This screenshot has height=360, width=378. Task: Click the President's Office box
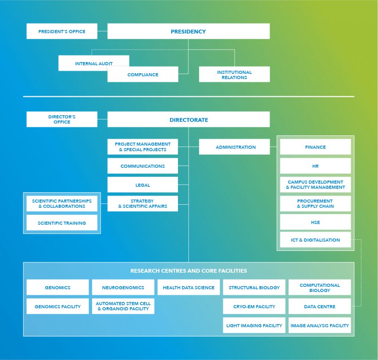click(x=62, y=31)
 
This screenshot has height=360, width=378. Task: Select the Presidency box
click(x=189, y=31)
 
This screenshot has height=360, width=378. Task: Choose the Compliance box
click(x=143, y=74)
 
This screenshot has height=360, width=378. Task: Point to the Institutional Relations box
click(x=234, y=74)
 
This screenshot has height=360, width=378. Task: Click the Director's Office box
click(x=62, y=119)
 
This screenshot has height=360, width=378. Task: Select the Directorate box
click(x=189, y=119)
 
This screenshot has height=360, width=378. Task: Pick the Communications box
click(x=143, y=166)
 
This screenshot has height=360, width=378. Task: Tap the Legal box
click(x=143, y=185)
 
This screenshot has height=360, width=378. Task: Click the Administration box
click(x=234, y=147)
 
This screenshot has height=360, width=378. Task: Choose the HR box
click(x=315, y=166)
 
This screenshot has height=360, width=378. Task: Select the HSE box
click(x=315, y=222)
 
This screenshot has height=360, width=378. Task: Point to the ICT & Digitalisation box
click(x=315, y=240)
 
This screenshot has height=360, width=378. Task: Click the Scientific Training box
click(x=62, y=223)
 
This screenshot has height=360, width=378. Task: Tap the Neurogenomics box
click(x=123, y=287)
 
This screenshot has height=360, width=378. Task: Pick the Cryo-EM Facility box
click(x=254, y=306)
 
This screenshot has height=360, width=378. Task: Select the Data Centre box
click(x=320, y=306)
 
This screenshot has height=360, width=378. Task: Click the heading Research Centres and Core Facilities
click(x=189, y=271)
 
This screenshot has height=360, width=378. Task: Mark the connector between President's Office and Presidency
click(x=103, y=31)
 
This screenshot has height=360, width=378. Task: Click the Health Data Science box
click(x=189, y=287)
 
